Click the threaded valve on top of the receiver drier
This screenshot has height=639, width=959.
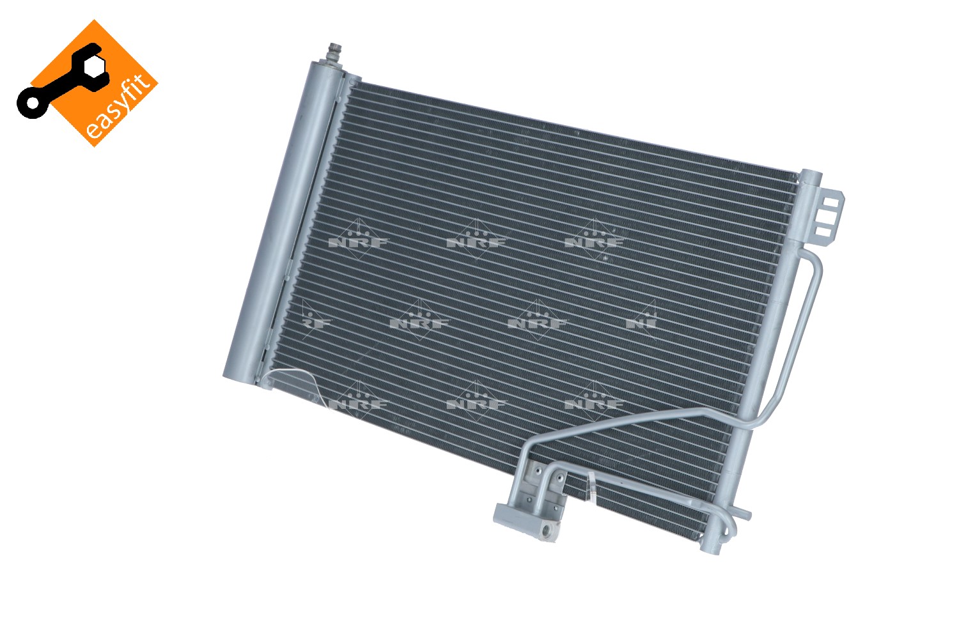[x=333, y=54]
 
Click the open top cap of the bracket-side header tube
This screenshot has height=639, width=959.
[x=810, y=175]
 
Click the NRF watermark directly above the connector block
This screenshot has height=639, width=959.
[x=476, y=403]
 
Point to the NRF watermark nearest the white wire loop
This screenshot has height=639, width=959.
[x=358, y=403]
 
